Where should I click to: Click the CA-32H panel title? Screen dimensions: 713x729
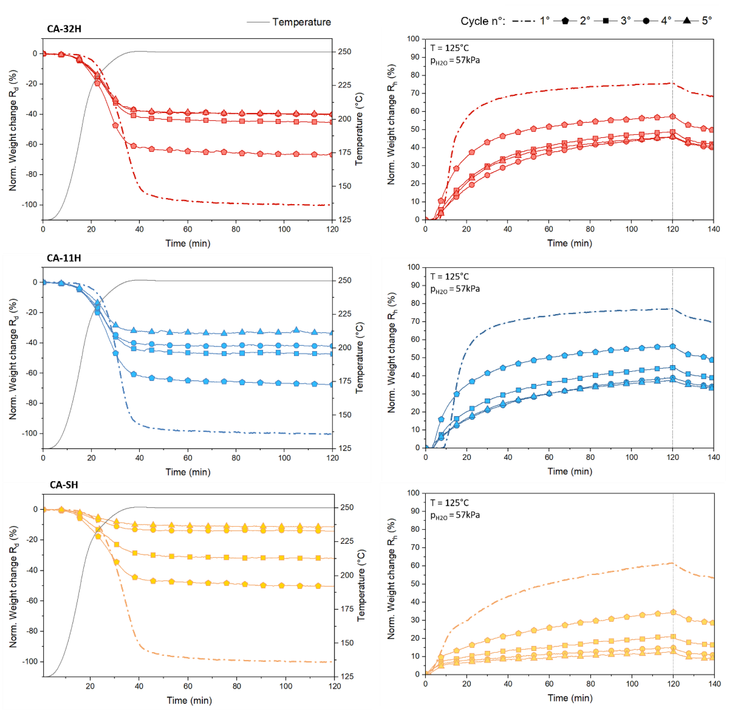tap(64, 29)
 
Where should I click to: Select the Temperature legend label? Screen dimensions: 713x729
tap(302, 22)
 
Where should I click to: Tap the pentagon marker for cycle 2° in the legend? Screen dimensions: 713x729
tap(565, 21)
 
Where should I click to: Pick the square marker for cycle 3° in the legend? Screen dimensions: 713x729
tap(606, 21)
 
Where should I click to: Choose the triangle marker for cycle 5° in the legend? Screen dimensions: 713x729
tap(687, 21)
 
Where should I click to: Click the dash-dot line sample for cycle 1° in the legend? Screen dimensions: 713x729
tap(523, 21)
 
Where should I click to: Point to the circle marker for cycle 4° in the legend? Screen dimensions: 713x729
tap(646, 21)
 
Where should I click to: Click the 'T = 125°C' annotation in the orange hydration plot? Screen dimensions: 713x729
tap(449, 503)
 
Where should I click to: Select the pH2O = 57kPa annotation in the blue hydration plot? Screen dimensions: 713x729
tap(455, 289)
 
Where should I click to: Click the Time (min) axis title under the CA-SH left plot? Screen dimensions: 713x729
tap(189, 700)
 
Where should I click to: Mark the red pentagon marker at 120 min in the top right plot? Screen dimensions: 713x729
tap(673, 117)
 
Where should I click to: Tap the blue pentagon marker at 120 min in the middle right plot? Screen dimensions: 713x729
tap(673, 346)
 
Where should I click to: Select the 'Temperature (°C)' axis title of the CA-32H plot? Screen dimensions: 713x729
tap(359, 129)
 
